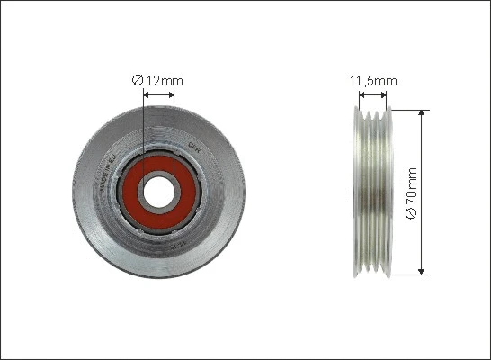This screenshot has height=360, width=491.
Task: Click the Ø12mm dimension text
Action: (x=157, y=81)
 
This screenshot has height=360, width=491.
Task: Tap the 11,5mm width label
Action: (x=372, y=81)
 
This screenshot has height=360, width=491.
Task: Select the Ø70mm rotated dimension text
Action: (x=413, y=193)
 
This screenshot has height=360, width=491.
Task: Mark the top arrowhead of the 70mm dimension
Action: (x=421, y=114)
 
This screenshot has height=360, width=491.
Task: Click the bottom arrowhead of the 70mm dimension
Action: (x=421, y=271)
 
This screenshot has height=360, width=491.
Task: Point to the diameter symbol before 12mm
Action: (x=137, y=81)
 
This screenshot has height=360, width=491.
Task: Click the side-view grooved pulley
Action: (x=371, y=193)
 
